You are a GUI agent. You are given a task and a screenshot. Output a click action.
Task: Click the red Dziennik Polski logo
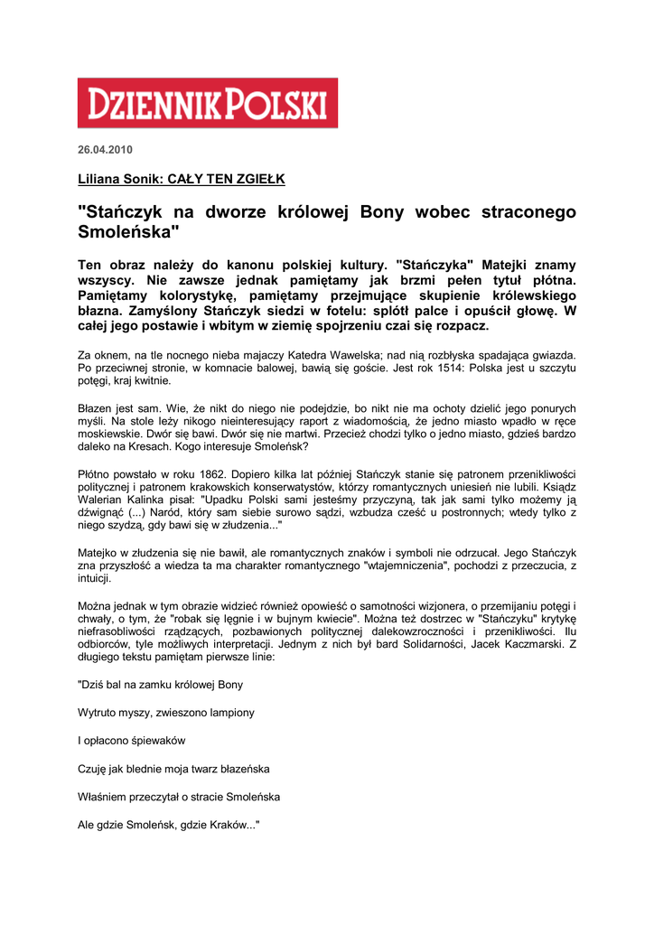207,102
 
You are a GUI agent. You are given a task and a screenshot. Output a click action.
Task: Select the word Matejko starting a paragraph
99,552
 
